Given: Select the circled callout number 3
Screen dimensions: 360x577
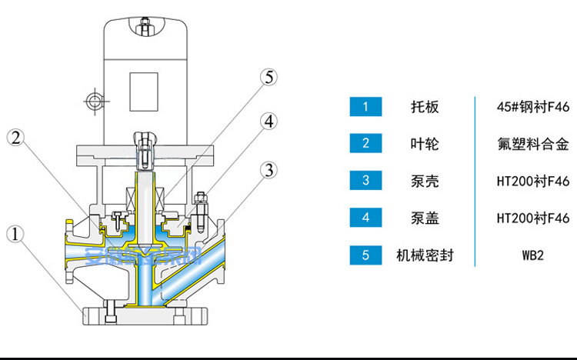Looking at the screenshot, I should (268, 169).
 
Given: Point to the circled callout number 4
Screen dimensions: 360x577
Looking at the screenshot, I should (268, 121).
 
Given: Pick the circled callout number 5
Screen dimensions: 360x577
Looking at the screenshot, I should (268, 77).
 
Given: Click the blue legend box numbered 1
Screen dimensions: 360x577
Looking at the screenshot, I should (365, 106).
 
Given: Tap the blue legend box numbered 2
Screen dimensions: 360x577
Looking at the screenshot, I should (365, 143).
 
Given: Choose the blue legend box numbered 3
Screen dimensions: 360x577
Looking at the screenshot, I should (365, 181).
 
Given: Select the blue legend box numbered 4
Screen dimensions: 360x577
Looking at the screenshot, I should (365, 218).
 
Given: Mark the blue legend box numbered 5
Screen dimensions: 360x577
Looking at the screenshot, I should (365, 255).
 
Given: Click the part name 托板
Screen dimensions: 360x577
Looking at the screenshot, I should (425, 107).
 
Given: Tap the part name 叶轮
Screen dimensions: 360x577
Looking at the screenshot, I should (425, 144).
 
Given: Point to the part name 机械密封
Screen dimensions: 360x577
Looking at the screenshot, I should (425, 255).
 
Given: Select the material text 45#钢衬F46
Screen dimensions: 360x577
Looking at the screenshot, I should (533, 107).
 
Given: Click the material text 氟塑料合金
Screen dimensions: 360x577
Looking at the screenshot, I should (533, 144).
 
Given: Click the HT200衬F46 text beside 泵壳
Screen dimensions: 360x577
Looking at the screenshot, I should (533, 181).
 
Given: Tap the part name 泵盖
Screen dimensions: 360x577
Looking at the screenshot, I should (425, 218).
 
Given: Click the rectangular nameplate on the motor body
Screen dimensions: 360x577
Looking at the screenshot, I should (143, 92).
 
